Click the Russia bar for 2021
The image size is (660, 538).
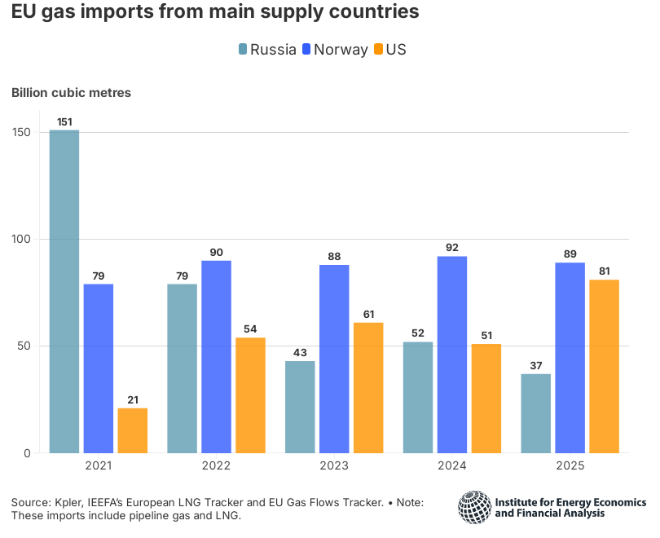(64, 291)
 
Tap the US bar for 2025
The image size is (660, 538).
(604, 366)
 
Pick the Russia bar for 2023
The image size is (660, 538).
(300, 407)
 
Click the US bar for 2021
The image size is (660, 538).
(132, 430)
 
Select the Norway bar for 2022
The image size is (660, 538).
(216, 356)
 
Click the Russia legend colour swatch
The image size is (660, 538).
(243, 50)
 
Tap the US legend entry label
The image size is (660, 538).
(396, 50)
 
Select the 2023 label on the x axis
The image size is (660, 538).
(334, 466)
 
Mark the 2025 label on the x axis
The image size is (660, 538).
(570, 466)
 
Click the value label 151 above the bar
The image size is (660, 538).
(64, 122)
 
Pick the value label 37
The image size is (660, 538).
(535, 366)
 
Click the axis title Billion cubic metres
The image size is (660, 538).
(71, 92)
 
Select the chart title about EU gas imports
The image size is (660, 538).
(215, 13)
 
